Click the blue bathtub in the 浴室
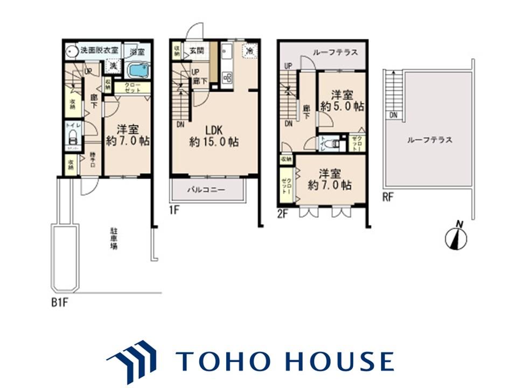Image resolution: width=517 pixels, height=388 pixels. tap(138, 71)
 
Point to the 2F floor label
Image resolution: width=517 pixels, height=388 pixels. tap(283, 214)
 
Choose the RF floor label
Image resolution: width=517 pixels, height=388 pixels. tap(388, 197)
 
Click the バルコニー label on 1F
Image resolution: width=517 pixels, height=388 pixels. tap(206, 190)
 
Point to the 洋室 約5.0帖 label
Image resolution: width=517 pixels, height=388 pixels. tap(342, 100)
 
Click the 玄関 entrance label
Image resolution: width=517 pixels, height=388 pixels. tap(196, 51)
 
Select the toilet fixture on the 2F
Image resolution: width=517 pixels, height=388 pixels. tap(336, 144)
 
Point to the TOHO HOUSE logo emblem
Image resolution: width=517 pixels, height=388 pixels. tap(131, 359)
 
